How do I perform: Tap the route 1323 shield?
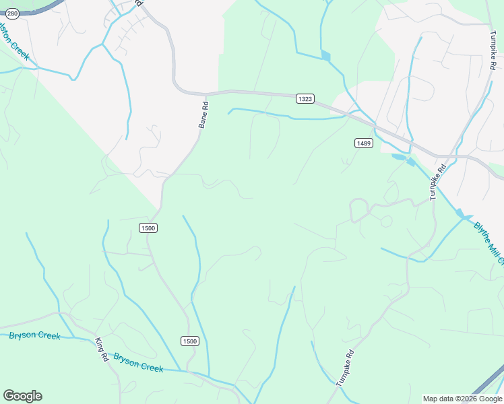[305, 99]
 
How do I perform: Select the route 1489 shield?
[364, 143]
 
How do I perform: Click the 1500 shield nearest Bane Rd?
[148, 228]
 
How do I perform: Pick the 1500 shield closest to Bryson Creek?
[190, 341]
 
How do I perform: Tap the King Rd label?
[102, 348]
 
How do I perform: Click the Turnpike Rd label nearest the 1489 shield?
[438, 182]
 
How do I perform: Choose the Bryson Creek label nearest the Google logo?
[34, 335]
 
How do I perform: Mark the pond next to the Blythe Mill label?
[461, 213]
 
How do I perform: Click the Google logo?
[22, 396]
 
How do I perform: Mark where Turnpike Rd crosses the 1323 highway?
[453, 156]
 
